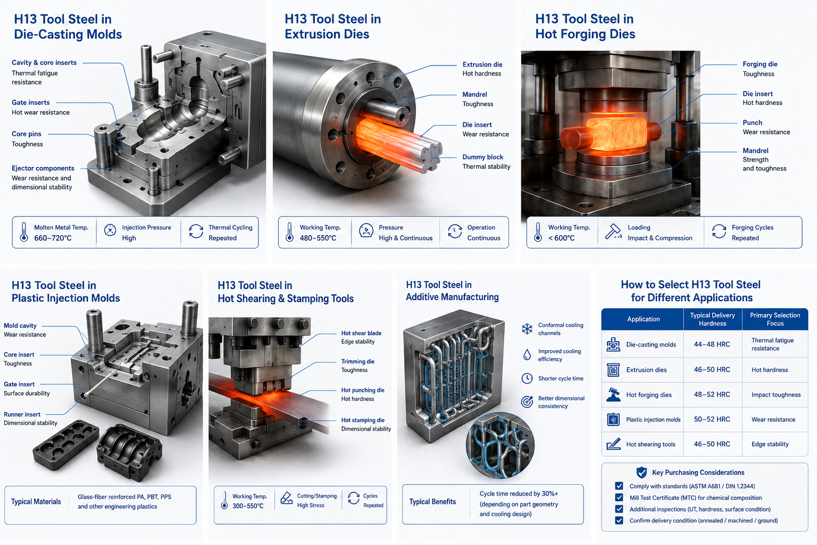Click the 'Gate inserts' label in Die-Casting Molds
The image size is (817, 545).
coord(31,103)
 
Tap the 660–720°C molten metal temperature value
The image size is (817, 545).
coord(53,238)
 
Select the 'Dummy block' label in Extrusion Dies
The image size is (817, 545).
coord(482,157)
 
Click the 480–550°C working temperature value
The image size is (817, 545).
coord(318,238)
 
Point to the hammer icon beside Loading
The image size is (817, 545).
coord(613,232)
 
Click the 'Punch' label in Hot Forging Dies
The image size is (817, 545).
coord(753,122)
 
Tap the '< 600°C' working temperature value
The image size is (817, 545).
coord(561,238)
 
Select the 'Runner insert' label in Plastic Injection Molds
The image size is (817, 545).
coord(22,414)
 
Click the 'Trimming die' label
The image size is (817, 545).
coord(358,361)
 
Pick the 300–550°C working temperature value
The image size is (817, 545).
coord(248,506)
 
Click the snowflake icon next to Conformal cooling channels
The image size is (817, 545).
coord(527,329)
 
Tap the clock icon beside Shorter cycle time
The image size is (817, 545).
coord(527,378)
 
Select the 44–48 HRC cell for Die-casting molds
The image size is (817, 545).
coord(712,344)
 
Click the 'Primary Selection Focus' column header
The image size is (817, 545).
coord(774,319)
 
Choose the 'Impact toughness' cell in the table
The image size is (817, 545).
coord(776,394)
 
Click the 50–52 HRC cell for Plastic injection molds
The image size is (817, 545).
coord(712,419)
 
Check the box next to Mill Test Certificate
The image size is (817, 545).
coord(619,497)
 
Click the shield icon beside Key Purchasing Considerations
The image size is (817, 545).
coord(641,473)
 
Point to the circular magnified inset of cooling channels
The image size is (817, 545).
coord(500,445)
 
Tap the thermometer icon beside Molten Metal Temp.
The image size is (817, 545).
coord(24,232)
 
